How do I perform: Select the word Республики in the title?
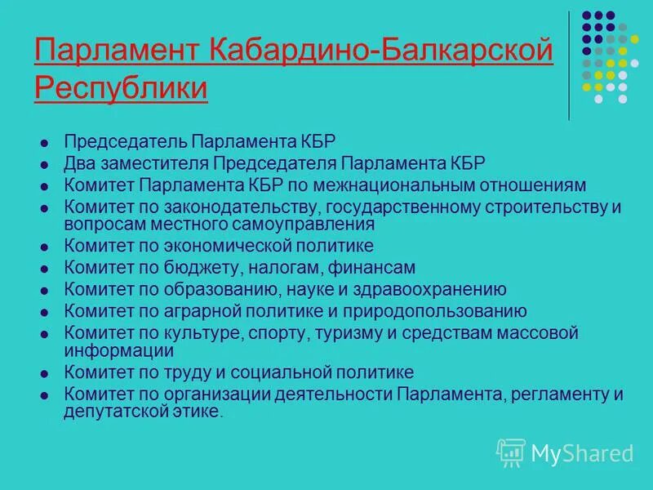(x=122, y=87)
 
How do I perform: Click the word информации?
(x=119, y=350)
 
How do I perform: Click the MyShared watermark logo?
(x=565, y=452)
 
